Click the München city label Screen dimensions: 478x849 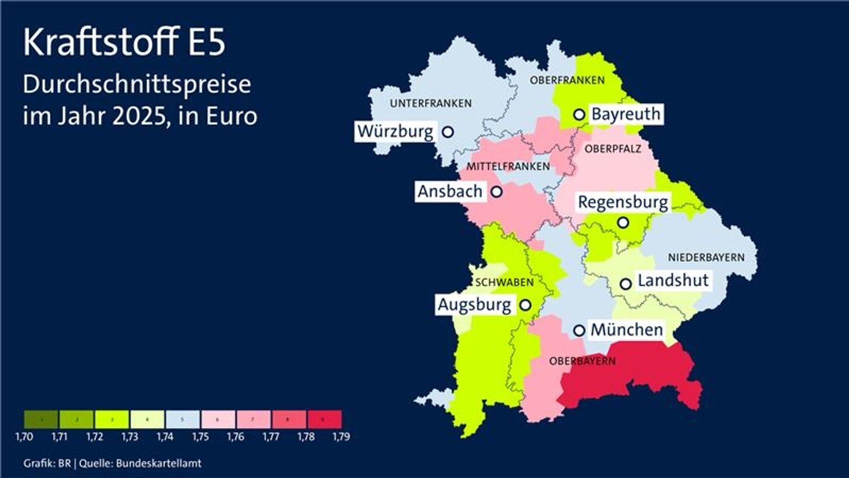(x=626, y=330)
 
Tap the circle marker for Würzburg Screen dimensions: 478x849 (x=448, y=132)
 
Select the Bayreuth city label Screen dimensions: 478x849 (x=626, y=114)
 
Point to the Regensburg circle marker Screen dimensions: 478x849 (x=623, y=223)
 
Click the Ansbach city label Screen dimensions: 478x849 (x=450, y=192)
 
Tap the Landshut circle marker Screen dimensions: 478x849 (x=626, y=284)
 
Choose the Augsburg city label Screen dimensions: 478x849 (x=474, y=305)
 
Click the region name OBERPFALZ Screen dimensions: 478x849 (x=613, y=149)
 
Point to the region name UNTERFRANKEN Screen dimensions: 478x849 (x=431, y=103)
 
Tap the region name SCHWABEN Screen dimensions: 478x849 (x=505, y=283)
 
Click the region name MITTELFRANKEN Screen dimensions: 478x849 (x=508, y=167)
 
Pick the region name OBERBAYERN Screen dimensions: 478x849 (x=582, y=361)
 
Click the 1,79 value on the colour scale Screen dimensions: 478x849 (x=341, y=437)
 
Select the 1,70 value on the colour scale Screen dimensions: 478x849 (x=24, y=437)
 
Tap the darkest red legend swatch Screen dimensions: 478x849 (x=325, y=419)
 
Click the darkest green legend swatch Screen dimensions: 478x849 (x=41, y=419)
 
